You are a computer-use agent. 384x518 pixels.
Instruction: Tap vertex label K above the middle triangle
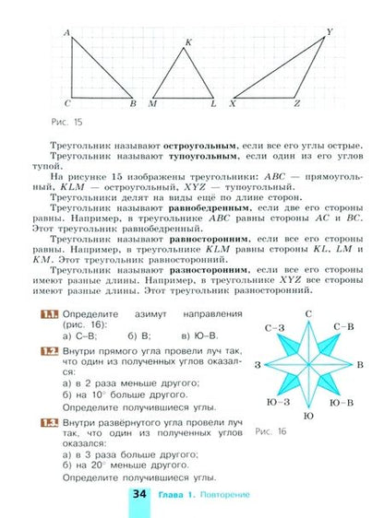coord(189,42)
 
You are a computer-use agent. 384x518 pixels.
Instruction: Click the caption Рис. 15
coord(68,122)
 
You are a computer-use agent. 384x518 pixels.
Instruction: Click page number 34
coord(138,497)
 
